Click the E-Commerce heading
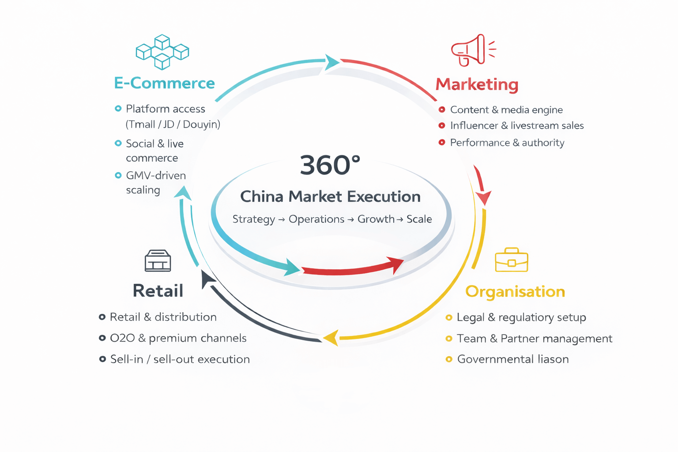click(164, 83)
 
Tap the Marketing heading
click(477, 84)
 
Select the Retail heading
click(158, 290)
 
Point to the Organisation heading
click(515, 291)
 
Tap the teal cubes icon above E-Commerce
click(162, 52)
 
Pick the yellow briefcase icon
click(512, 260)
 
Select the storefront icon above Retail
click(158, 260)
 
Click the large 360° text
click(330, 165)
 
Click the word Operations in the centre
click(316, 219)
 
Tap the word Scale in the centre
click(419, 219)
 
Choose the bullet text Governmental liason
click(512, 359)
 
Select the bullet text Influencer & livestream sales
click(516, 126)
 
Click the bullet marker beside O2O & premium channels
click(102, 338)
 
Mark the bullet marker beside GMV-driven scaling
click(118, 176)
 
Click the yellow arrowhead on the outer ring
click(331, 338)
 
